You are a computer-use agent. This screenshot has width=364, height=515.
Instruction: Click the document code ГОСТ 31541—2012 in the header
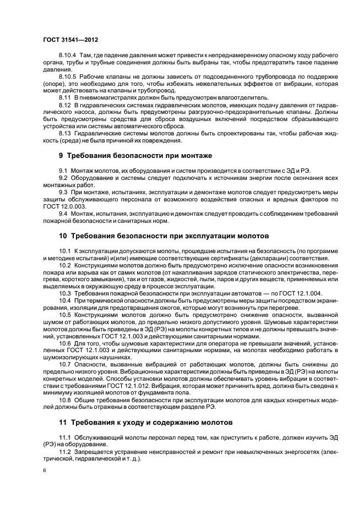(x=70, y=40)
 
